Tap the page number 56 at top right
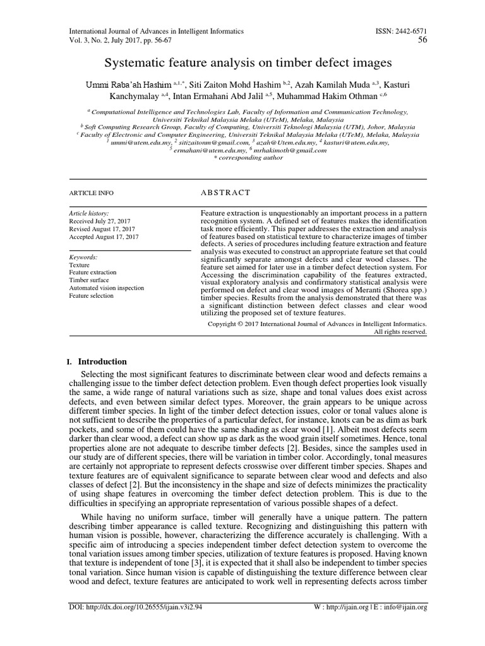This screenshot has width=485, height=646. pos(422,41)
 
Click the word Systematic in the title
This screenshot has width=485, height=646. pos(136,63)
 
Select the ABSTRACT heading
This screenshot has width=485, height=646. pos(225,192)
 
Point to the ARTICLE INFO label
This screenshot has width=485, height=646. pos(92,193)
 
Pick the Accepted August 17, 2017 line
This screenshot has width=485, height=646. pos(104,237)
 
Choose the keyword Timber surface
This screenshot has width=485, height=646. pos(89,280)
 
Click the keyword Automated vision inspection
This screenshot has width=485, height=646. pos(107,288)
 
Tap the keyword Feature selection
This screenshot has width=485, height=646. pos(92,295)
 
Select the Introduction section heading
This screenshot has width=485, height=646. pos(102,361)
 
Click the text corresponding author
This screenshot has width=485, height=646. pos(246,158)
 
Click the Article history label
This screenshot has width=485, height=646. pos(89,214)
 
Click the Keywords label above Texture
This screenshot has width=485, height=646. pos(83,257)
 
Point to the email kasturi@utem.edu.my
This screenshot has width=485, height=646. pos(362,143)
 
